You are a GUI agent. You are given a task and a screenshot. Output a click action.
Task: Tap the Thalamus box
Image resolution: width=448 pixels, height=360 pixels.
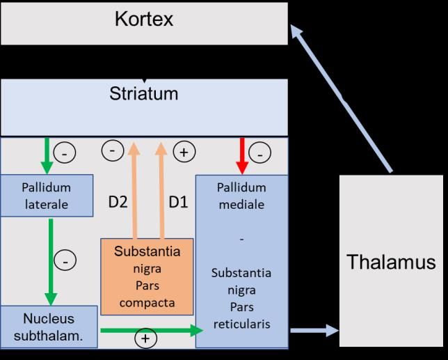391,262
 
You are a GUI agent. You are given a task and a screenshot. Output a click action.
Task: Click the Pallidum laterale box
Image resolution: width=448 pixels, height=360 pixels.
46,196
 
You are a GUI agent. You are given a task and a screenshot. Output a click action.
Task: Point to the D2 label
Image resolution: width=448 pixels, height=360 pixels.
117,203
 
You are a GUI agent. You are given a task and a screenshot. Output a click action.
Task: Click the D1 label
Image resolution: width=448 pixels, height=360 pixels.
179,203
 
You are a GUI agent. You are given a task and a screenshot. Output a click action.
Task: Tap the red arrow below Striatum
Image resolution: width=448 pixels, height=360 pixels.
241,155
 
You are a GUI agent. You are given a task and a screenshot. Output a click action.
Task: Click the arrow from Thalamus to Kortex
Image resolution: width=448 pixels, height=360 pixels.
341,97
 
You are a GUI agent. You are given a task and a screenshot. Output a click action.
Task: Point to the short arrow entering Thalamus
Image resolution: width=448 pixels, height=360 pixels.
313,331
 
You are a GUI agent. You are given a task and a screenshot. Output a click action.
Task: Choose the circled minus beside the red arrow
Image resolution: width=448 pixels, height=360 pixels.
259,152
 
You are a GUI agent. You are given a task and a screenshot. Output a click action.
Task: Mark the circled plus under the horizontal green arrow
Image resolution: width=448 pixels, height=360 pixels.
146,339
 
